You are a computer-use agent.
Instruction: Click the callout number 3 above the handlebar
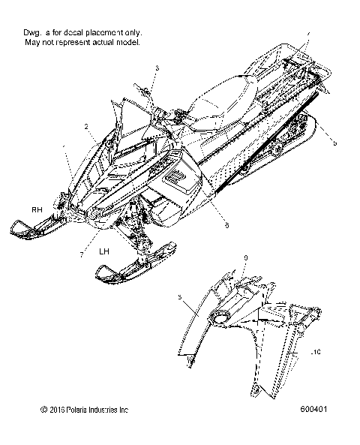(x=157, y=68)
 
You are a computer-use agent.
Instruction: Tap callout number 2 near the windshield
(x=87, y=126)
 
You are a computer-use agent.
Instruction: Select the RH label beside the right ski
(x=35, y=209)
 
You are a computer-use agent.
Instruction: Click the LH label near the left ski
(x=106, y=252)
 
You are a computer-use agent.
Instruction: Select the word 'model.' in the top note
(x=128, y=43)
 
